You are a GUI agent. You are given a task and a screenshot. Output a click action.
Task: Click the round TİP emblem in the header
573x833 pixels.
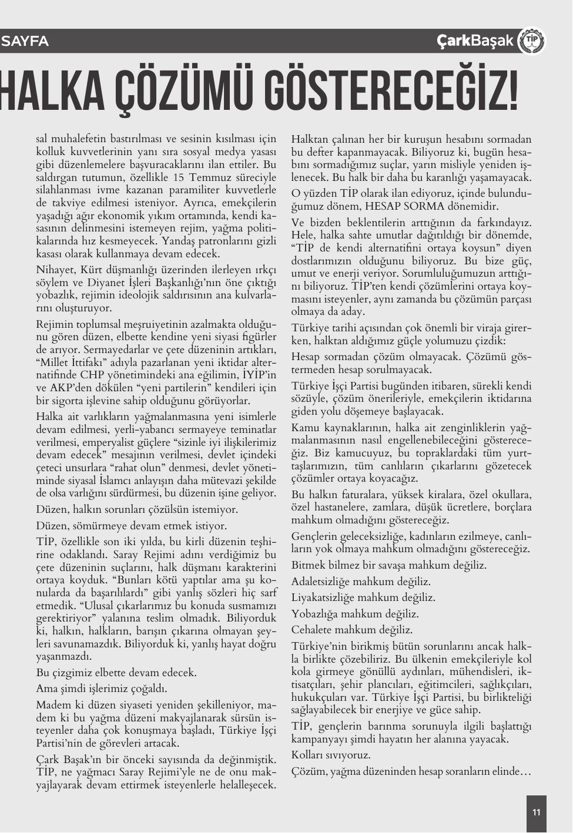pos(532,41)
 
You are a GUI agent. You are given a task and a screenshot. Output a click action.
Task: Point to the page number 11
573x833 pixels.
pos(536,813)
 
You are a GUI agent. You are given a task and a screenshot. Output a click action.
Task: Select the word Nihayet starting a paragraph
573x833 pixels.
pos(54,270)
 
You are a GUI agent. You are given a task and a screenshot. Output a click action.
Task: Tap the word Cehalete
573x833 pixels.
pos(311,630)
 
